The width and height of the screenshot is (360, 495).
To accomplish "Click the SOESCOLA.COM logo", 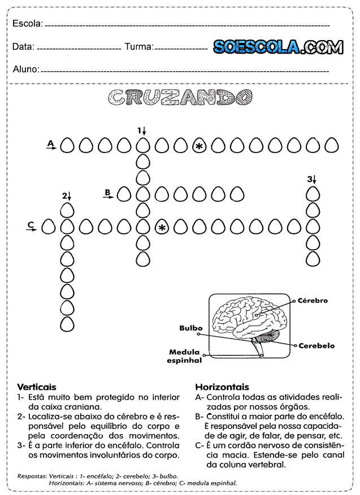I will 277,47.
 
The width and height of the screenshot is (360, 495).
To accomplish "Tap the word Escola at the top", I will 27,24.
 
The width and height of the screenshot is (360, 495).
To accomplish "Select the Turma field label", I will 138,47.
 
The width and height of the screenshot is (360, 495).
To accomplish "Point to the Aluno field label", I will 26,70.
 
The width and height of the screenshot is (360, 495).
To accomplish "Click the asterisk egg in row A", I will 199,146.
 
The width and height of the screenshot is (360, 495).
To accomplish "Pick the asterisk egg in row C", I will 162,227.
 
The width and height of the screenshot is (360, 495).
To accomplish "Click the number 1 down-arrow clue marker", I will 142,131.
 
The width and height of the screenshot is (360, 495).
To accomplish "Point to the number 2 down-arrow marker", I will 67,196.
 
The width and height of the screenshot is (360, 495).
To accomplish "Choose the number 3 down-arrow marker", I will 311,179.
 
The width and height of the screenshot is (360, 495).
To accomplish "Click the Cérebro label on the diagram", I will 313,301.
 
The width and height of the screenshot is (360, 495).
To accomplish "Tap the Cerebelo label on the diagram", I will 316,345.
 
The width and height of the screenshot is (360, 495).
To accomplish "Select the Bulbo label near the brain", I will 191,328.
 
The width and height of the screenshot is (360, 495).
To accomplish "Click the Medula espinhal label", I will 185,355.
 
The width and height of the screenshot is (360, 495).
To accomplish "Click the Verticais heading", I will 37,387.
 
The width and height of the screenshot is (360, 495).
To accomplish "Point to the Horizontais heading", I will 222,387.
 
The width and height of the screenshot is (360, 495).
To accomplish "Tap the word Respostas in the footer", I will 32,476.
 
